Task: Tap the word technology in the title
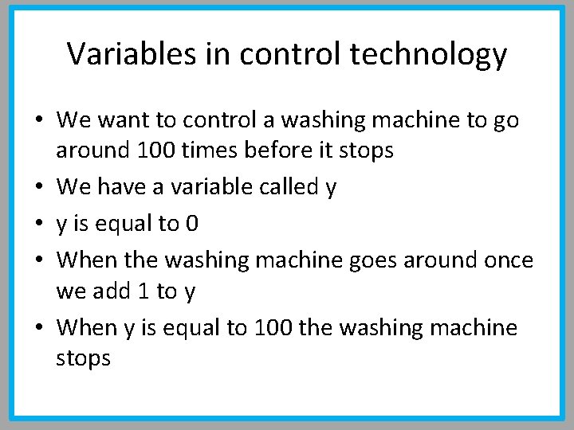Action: coord(428,54)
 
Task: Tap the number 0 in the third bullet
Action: coord(191,225)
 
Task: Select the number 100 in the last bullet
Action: coord(273,328)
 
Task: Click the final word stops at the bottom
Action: coord(84,358)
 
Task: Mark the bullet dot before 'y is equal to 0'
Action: coord(38,225)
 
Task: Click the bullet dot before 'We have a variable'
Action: coord(38,188)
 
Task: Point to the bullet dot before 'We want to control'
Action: coord(38,121)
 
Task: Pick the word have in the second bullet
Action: coord(125,188)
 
